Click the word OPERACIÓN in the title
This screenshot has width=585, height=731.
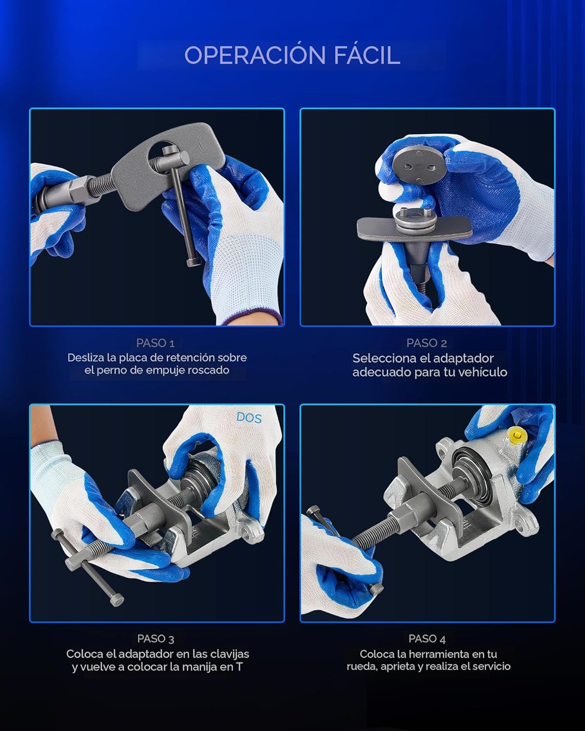coord(255,56)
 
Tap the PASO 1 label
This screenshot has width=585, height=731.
coord(156,343)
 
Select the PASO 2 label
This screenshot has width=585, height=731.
coord(427,343)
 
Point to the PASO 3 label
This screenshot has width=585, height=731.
coord(156,639)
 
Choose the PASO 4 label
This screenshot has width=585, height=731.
coord(427,639)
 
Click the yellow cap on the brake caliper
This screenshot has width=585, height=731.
coord(517,434)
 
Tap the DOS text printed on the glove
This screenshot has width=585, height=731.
coord(249,418)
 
